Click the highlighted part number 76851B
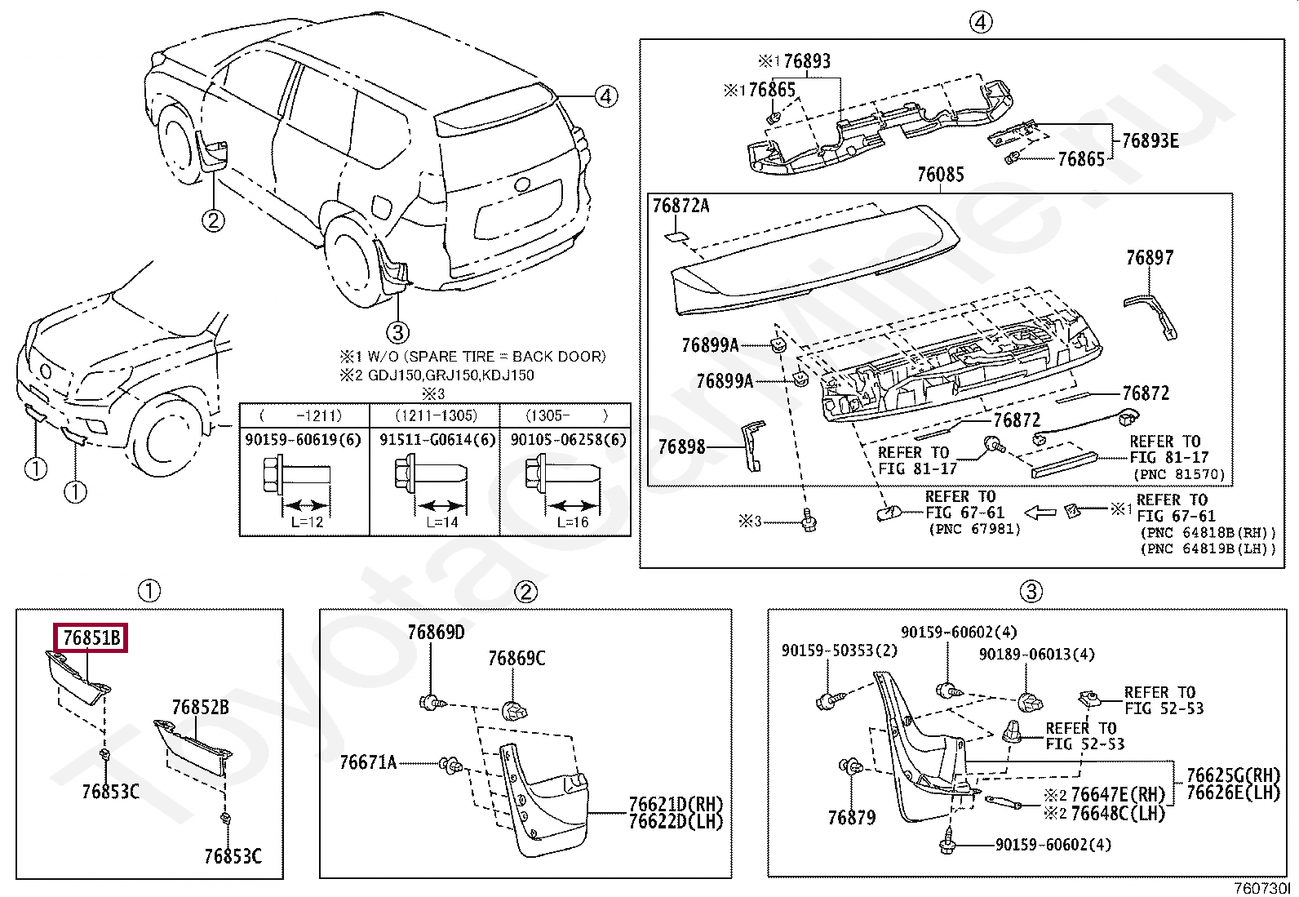pos(91,637)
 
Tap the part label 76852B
pos(200,708)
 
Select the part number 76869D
pos(436,632)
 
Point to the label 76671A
pos(368,762)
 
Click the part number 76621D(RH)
pos(676,804)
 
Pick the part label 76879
pos(851,818)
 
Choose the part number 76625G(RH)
pos(1233,775)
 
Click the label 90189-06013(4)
pos(1037,655)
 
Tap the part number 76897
pos(1150,258)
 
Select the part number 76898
pos(681,446)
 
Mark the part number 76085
pos(941,174)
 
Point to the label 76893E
pos(1150,140)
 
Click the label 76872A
pos(681,206)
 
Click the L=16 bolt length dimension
pos(572,522)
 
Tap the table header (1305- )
pos(566,415)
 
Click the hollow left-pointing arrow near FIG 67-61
pos(1040,513)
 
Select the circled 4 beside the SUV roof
pos(606,96)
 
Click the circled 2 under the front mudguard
pos(214,220)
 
